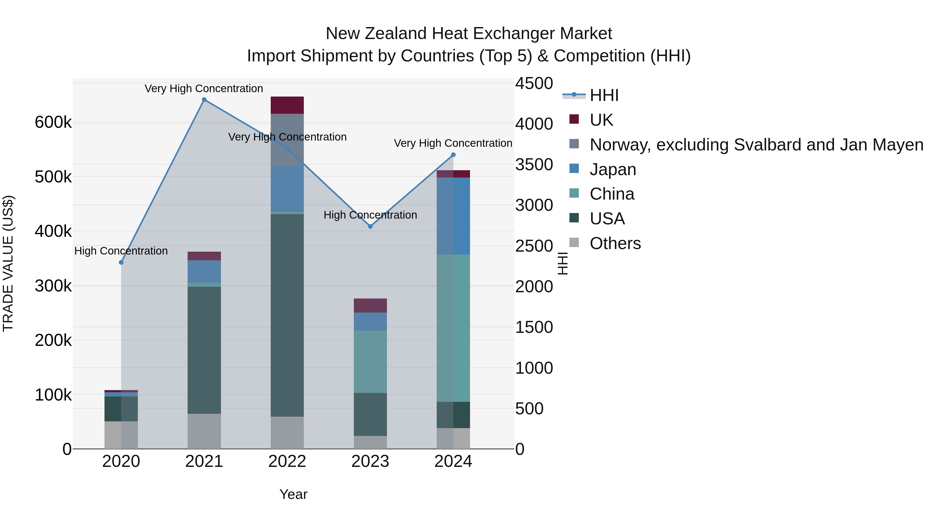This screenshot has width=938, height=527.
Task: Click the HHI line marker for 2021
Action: [204, 100]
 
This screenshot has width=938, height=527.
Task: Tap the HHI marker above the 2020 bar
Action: [121, 263]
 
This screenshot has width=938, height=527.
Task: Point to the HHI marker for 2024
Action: [453, 155]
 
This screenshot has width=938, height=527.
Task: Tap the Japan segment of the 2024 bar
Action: [453, 216]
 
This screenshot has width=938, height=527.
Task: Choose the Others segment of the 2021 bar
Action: [204, 431]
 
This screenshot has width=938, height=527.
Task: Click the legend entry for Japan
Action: [613, 169]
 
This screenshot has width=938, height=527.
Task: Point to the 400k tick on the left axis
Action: [53, 231]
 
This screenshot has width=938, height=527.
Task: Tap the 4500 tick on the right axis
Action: [534, 83]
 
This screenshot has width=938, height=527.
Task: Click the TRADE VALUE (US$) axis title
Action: [8, 263]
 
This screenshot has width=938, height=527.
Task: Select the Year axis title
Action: [293, 494]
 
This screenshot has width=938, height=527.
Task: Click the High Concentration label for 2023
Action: [370, 215]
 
